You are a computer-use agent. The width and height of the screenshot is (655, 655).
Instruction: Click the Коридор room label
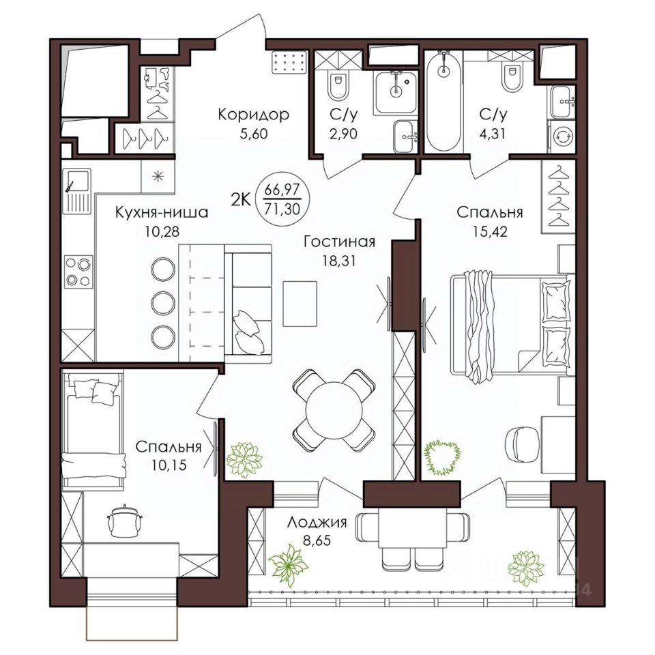pos(254,115)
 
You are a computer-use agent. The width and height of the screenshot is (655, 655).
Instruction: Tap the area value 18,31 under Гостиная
pos(339,261)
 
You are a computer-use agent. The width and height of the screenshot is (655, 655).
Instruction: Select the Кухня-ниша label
pos(162,213)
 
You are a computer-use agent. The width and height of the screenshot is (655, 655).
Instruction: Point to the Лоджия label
pos(317,523)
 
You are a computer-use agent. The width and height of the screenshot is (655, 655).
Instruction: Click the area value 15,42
pos(491,231)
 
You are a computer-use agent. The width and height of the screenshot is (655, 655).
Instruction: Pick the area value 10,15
pos(169,465)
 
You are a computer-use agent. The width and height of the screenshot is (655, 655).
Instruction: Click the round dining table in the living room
pos(334,410)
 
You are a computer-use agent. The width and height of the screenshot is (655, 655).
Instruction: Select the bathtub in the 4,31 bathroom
pos(443,101)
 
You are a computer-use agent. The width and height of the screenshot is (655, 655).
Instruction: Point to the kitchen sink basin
pos(77,180)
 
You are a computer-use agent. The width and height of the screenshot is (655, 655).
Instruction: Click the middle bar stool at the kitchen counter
pos(163,303)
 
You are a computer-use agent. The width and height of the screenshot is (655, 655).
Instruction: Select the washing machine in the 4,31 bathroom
pos(562,136)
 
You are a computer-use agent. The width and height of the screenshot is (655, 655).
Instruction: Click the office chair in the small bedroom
pos(124,521)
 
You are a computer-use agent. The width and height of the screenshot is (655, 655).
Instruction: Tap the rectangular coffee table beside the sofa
pos(300,304)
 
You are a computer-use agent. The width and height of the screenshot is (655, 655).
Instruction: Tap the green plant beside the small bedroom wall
pos(244,459)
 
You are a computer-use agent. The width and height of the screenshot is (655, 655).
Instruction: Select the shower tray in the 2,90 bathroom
pos(395,93)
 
